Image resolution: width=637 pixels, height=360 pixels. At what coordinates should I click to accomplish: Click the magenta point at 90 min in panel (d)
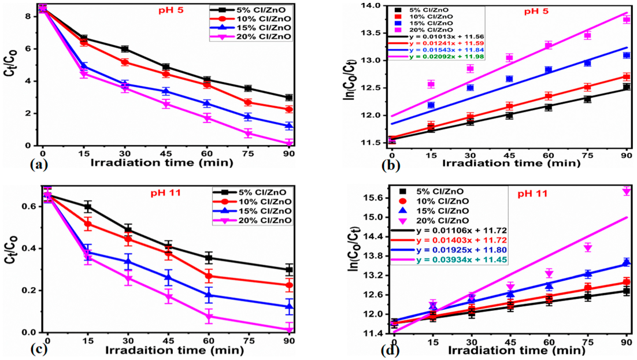coord(626,191)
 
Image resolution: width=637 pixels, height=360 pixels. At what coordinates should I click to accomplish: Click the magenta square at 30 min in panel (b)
coord(470,69)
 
